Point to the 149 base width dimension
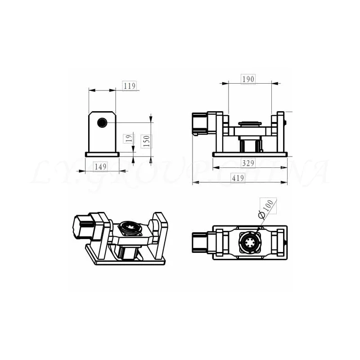pos(101,167)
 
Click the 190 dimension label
pos(248,79)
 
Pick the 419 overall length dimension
pos(238,178)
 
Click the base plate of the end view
pos(102,154)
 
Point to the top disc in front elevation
pos(250,123)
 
